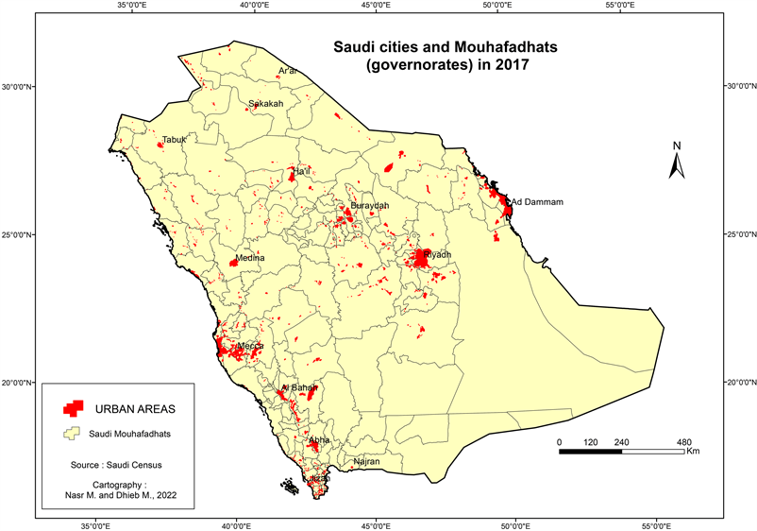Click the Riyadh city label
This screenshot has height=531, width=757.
tap(439, 255)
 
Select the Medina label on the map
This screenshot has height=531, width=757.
tap(250, 258)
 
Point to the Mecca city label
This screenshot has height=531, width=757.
tap(251, 346)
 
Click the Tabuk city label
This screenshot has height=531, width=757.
tap(175, 140)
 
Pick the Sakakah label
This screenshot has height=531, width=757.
tap(265, 104)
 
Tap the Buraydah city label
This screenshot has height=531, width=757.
tap(369, 205)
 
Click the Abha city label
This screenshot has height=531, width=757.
tap(319, 439)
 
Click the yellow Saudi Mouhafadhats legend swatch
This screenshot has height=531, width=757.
tap(69, 434)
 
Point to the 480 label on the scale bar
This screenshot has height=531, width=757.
tap(684, 441)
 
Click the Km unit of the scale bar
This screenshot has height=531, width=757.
tap(692, 452)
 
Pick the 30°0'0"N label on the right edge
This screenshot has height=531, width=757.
tap(739, 87)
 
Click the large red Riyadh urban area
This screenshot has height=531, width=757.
tap(421, 258)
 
